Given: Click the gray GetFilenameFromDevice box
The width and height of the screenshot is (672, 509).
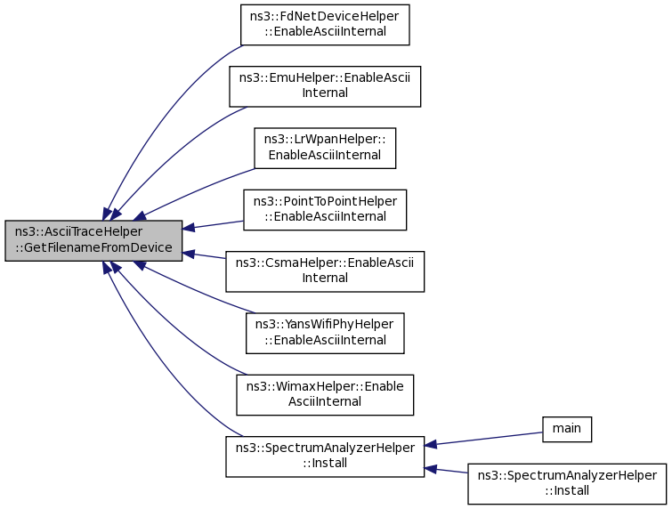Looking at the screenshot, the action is [93, 241].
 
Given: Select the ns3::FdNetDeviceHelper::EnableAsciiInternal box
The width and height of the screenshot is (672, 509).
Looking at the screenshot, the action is [325, 25].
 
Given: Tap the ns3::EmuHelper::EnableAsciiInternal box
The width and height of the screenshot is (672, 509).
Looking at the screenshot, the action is [325, 86].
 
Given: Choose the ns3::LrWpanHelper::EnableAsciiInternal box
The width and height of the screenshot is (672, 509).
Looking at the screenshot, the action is [325, 149].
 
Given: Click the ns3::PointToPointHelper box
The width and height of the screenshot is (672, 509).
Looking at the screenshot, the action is [325, 210].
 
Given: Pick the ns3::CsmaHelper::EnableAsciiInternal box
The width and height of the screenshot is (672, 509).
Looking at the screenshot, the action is [325, 271].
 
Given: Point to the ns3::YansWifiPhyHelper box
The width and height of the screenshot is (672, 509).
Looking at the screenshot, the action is [325, 334].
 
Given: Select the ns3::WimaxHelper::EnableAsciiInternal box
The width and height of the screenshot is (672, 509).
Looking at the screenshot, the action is [325, 395].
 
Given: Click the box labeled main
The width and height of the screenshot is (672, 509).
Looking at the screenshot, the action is [567, 429].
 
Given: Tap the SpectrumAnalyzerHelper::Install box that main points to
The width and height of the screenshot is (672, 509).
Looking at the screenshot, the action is [325, 456].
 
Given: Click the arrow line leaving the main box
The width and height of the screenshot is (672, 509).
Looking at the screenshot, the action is [483, 440].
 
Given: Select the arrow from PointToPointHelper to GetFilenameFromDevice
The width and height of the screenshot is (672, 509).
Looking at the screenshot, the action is [213, 225].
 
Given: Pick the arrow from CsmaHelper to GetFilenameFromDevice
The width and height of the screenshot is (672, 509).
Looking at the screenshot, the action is [204, 255].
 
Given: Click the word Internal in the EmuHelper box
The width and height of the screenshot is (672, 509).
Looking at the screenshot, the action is [325, 93].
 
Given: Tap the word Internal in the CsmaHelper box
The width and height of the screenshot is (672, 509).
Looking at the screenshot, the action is [325, 278].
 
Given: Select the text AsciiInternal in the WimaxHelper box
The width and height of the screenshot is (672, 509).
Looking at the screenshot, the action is [325, 401].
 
